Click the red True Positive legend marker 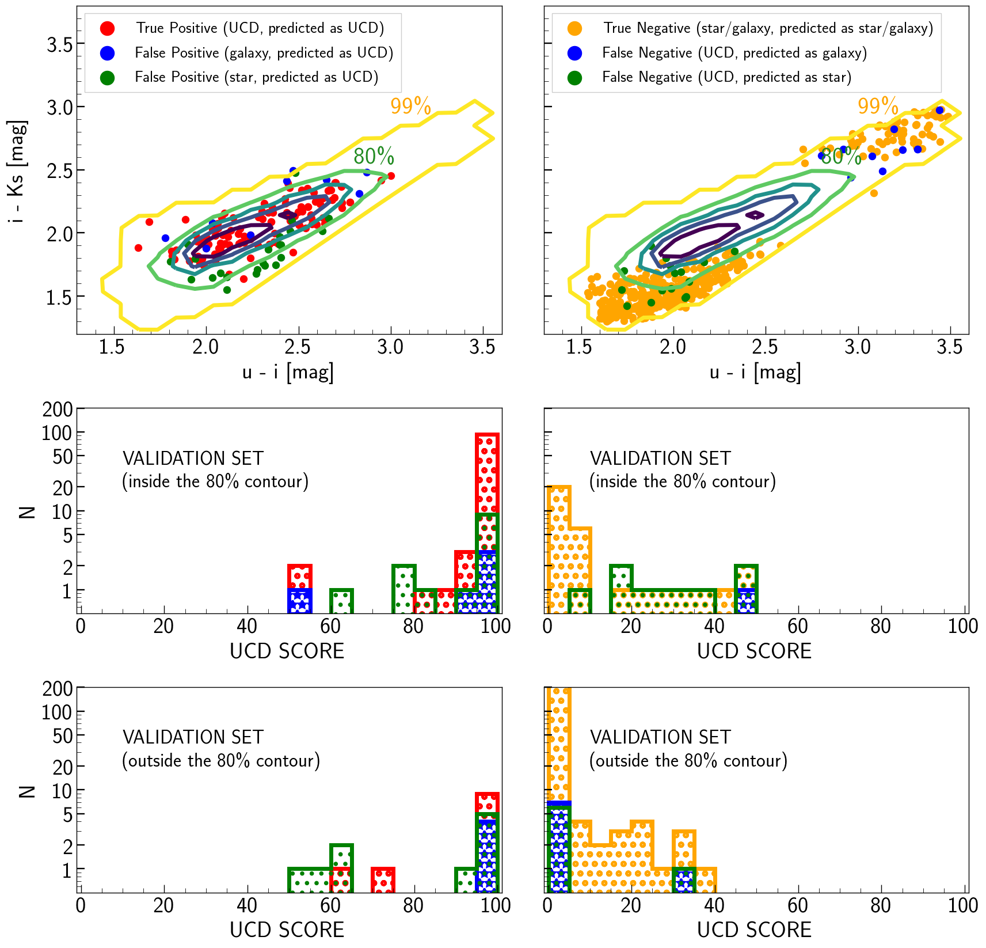[107, 28]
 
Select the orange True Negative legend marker [574, 28]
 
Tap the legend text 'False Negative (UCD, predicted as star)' [726, 77]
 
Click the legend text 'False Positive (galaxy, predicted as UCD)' [264, 53]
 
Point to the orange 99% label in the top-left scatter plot [410, 107]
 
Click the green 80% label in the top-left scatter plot [374, 156]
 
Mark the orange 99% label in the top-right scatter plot [878, 107]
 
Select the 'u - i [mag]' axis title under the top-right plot [755, 373]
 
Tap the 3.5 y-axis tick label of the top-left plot [60, 44]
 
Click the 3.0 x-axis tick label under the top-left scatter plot [390, 347]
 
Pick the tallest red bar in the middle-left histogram [488, 472]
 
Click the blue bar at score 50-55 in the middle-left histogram [300, 601]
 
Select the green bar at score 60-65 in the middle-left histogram [341, 601]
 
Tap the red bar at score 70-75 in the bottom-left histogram [383, 880]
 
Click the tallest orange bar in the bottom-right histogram [558, 743]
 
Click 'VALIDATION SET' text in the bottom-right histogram [660, 737]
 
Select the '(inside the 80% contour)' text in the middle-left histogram [215, 481]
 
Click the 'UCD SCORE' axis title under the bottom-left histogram [287, 930]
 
